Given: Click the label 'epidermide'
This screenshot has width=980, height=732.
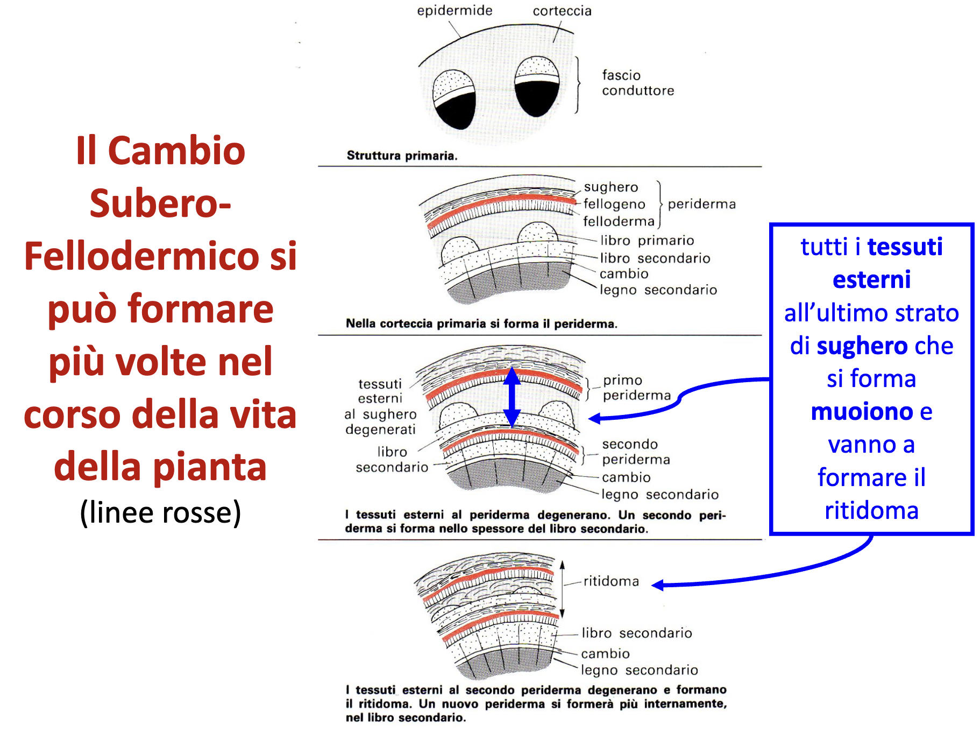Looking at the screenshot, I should coord(455,11).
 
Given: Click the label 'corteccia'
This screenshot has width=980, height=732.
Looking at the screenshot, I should coord(562,11).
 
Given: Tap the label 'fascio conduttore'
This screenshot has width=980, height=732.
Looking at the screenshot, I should coord(637,83).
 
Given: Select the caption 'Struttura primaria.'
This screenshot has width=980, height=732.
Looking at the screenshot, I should coord(402,156).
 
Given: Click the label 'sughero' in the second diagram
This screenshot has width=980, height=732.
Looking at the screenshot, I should coord(611,187).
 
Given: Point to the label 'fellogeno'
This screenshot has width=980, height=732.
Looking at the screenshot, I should coord(614,204).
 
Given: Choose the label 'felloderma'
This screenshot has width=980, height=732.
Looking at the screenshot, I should coord(619,221).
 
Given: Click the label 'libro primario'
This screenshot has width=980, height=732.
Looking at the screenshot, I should coord(647,240).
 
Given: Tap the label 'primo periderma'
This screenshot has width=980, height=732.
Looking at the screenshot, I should coord(636,388).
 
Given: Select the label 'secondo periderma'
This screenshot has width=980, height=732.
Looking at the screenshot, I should coord(636,452).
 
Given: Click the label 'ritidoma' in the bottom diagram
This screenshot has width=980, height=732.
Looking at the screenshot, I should coord(611,581).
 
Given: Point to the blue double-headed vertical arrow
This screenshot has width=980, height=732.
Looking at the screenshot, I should coord(512,397).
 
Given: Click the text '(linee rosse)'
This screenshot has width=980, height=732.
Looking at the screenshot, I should coord(160,512).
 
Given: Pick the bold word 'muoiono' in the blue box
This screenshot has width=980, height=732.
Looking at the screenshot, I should coord(862,412).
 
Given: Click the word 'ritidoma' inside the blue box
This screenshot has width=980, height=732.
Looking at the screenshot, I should coord(871,510).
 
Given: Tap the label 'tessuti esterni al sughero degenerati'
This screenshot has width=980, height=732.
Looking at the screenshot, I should coord(380,406).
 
